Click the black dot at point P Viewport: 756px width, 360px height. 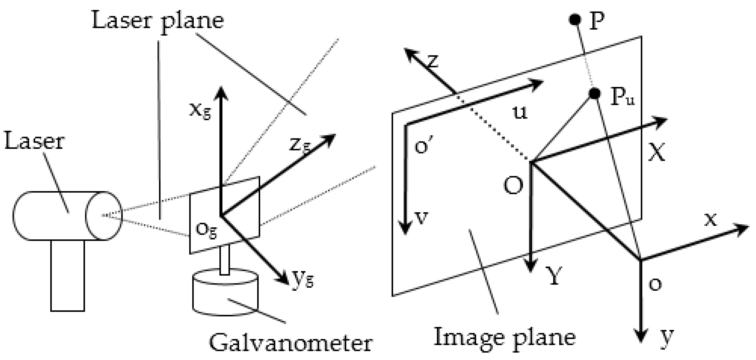[x=574, y=20]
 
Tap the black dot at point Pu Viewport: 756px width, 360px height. [x=595, y=93]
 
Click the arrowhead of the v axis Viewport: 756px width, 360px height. [x=405, y=229]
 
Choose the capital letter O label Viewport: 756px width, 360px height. [x=513, y=186]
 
